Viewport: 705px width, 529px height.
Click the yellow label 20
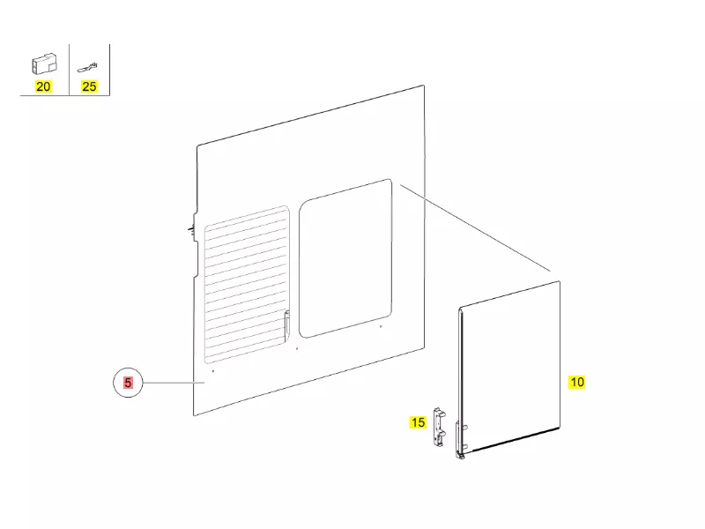[x=43, y=86]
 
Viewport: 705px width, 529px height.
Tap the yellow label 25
[x=89, y=86]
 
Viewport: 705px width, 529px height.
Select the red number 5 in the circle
[x=128, y=383]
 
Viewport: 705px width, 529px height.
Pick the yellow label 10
[x=577, y=382]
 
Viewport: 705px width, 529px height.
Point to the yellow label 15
[x=418, y=422]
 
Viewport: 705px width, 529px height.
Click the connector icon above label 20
[x=44, y=63]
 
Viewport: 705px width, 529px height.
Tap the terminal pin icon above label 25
[x=87, y=68]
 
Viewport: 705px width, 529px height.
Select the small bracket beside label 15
[x=439, y=427]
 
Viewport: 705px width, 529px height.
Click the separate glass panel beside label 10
[x=509, y=369]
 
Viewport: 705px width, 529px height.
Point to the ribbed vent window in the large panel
[x=247, y=285]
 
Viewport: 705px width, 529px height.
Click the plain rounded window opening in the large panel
[x=345, y=258]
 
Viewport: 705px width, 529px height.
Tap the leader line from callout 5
[x=174, y=383]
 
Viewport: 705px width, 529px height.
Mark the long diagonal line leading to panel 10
[x=475, y=228]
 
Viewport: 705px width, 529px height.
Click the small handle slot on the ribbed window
[x=287, y=323]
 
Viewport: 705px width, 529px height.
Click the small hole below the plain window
[x=382, y=326]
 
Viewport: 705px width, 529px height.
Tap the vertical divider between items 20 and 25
[x=70, y=70]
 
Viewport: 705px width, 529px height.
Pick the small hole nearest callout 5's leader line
[x=213, y=371]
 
